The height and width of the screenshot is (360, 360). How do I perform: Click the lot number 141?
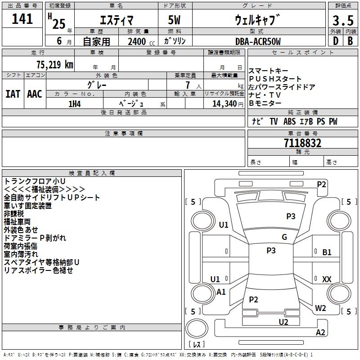coord(22,18)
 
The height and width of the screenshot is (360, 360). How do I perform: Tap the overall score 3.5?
coord(343,20)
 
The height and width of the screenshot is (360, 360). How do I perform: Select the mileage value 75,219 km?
coord(55,64)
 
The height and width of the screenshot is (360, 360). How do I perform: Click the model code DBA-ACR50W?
coord(258,41)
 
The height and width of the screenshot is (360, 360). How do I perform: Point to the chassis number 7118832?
coord(302,143)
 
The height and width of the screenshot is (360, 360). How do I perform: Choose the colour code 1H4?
coord(75,104)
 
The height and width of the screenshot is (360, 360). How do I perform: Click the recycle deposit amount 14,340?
coord(224,104)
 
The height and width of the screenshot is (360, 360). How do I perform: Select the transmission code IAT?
coord(13,94)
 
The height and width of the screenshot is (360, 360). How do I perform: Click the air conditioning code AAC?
coord(35,94)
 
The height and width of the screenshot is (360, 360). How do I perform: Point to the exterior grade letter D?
coord(336,41)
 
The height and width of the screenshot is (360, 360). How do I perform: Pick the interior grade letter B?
coord(350,41)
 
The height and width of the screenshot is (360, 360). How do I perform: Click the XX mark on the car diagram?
coord(327,279)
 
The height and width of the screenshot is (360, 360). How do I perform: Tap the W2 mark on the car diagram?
coord(320,308)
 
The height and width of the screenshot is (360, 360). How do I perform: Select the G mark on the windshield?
coord(284,237)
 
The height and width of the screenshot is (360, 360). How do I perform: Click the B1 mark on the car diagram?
coord(327,252)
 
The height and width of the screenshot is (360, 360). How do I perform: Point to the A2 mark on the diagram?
coord(320,332)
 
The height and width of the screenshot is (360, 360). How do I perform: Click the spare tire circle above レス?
coord(197,328)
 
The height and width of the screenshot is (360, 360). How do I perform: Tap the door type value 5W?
coord(174,20)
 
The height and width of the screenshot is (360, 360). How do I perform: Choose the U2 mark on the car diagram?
coord(283,322)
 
